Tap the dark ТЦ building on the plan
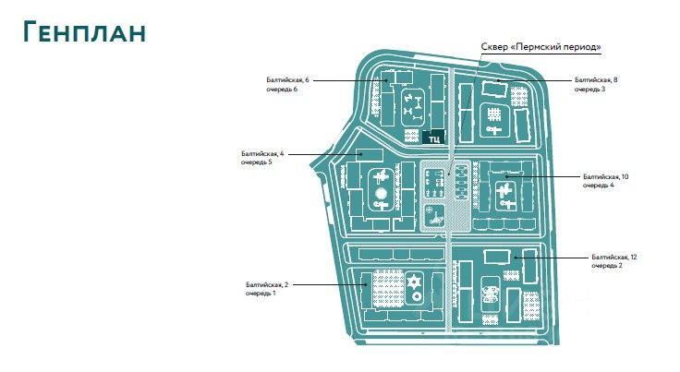point(432,138)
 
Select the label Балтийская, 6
point(287,81)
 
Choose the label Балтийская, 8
point(595,81)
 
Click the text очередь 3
point(589,90)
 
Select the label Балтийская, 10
point(605,175)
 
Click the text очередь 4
point(598,185)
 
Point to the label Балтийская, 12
point(614,255)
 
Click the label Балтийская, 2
point(266,284)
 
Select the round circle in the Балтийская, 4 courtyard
point(381,195)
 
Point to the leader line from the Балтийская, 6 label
point(351,81)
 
